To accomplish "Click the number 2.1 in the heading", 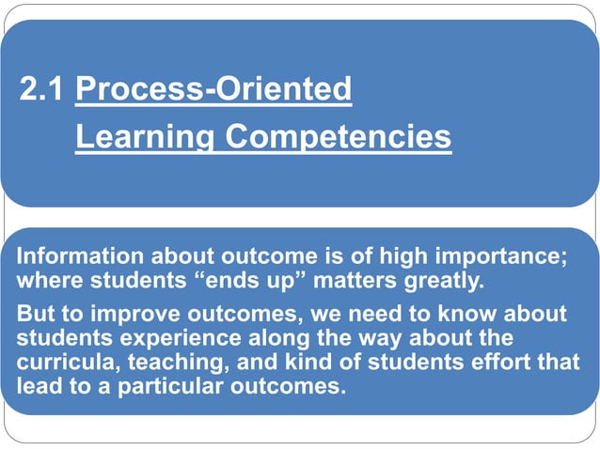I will [42, 89].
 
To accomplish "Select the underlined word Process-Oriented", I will [213, 89].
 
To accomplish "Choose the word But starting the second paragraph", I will [36, 314].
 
